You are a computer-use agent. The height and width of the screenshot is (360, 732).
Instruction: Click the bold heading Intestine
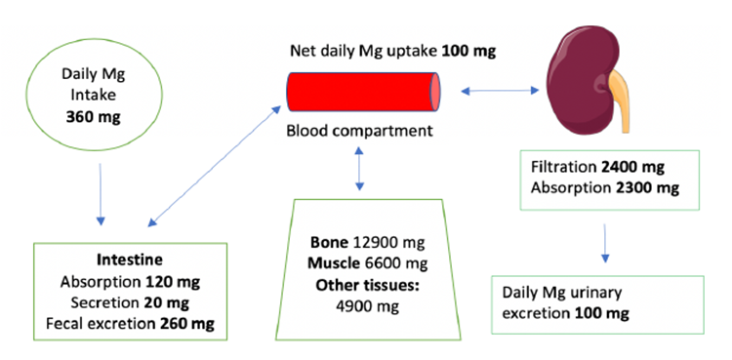[129, 261]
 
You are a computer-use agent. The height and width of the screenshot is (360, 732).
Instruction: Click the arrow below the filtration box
[607, 243]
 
